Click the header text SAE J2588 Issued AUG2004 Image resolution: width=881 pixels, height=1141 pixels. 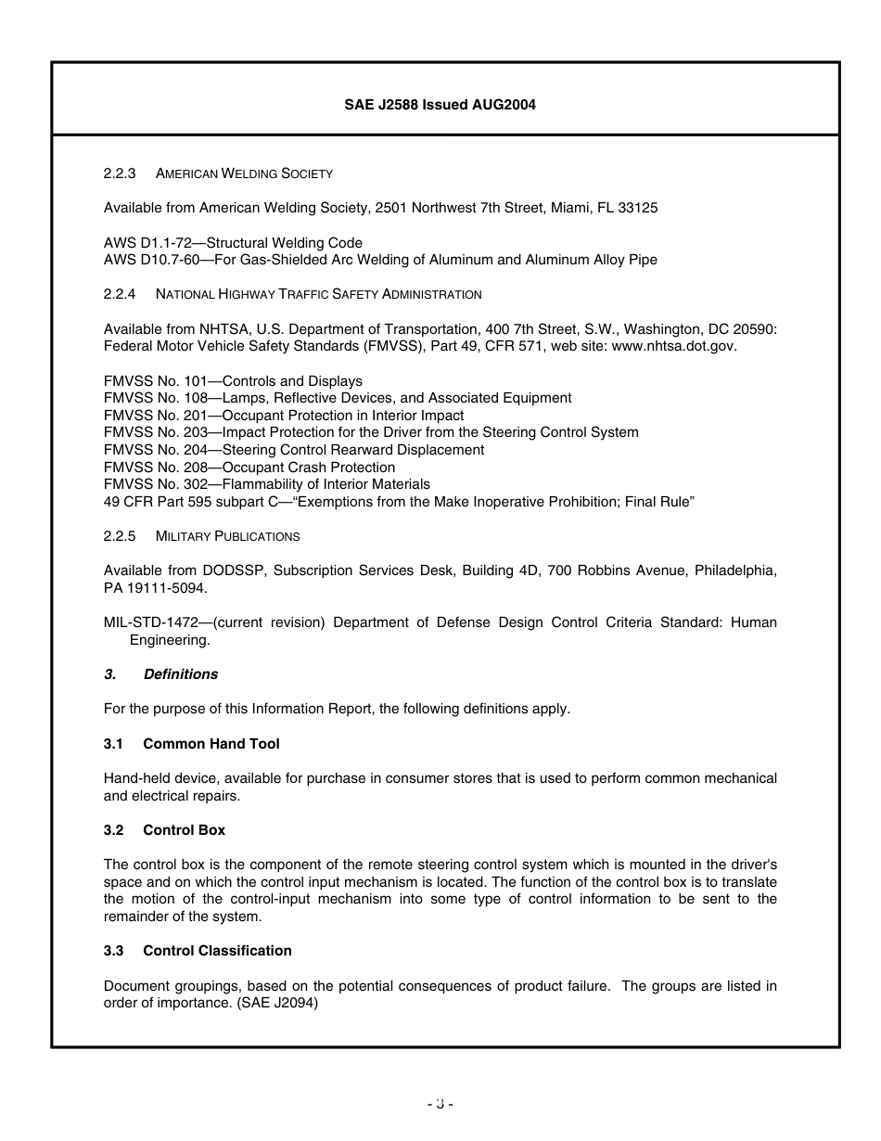tap(440, 105)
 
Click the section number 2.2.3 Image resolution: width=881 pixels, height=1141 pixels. tap(120, 173)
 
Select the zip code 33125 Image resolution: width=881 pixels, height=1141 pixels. tap(638, 208)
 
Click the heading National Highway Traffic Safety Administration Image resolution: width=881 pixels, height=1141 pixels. tap(318, 294)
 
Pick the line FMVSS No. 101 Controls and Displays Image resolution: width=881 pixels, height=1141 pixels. tap(233, 381)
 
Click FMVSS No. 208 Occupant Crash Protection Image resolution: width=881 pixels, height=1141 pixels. tap(249, 468)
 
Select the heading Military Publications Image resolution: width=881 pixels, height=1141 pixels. tap(227, 536)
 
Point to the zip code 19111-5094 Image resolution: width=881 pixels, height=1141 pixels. tap(165, 588)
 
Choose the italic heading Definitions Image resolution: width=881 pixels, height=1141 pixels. tap(180, 674)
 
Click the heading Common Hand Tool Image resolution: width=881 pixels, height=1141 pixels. tap(211, 744)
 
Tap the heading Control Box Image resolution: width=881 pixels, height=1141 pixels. tap(184, 830)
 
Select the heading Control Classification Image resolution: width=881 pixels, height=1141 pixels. tap(217, 951)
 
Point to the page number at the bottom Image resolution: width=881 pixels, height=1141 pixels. tap(440, 1104)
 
